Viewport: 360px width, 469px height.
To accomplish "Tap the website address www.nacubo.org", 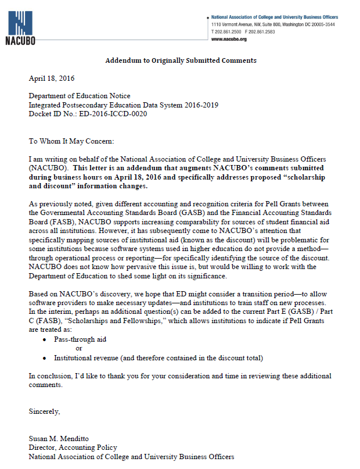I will [229, 39].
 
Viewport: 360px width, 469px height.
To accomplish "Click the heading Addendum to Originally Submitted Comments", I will [181, 60].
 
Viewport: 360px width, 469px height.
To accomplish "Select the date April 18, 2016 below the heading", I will [52, 78].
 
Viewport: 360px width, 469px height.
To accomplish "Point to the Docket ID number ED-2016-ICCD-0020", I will [88, 113].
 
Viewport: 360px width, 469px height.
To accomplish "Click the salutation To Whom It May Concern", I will [71, 141].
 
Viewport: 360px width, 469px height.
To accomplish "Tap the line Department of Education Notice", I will [80, 96].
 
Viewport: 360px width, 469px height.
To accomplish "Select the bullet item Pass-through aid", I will [80, 339].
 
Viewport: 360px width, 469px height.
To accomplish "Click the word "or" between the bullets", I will [80, 348].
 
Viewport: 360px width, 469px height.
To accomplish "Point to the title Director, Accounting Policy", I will [73, 447].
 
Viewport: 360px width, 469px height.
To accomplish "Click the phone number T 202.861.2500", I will [227, 32].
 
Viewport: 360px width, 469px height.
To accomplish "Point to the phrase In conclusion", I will [51, 375].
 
